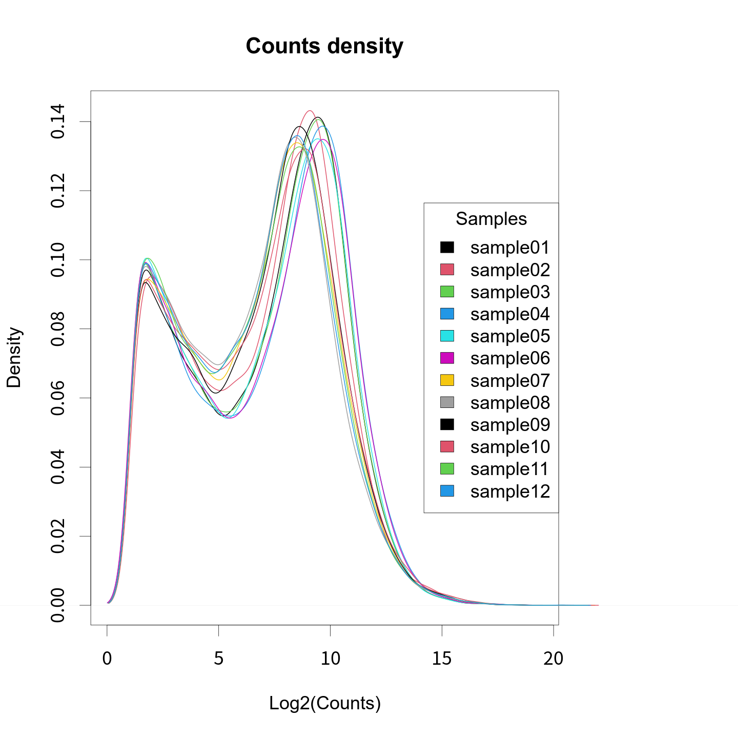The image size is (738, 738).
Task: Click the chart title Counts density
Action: [324, 46]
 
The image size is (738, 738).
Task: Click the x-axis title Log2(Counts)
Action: [325, 703]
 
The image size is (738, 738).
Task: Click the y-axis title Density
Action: [14, 357]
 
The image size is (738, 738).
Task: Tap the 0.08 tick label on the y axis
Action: [57, 329]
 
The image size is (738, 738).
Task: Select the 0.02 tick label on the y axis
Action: [57, 537]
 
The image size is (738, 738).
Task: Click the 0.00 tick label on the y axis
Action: [57, 605]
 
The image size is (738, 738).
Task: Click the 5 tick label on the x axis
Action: [219, 659]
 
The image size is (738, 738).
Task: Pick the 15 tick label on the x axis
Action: [442, 659]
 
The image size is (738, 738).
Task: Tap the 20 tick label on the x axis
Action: [553, 659]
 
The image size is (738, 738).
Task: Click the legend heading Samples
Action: [491, 219]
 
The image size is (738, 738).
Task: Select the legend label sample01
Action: [510, 248]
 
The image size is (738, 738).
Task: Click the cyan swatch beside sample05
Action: [447, 336]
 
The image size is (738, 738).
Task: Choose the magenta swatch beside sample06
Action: [447, 358]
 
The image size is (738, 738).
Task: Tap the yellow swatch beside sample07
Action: [447, 380]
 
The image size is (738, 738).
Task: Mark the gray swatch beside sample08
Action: [447, 402]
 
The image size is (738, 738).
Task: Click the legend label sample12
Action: [510, 491]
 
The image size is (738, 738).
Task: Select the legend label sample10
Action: [510, 447]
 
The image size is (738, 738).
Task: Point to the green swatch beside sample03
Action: [447, 292]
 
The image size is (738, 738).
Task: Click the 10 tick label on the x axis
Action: [331, 659]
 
